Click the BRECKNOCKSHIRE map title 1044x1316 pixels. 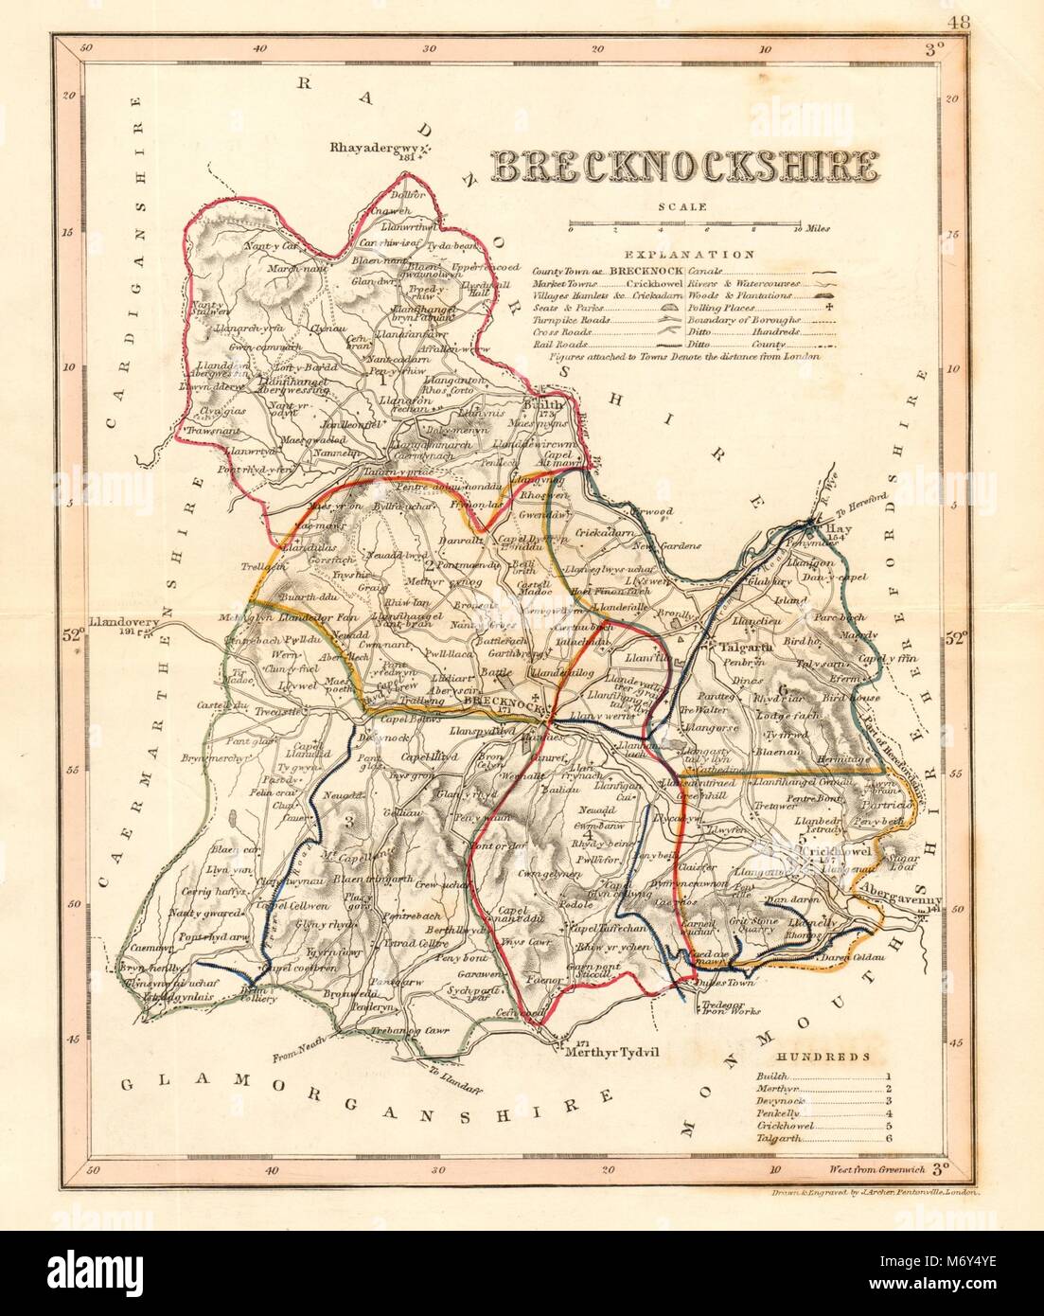681,168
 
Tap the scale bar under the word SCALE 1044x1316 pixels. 682,228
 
